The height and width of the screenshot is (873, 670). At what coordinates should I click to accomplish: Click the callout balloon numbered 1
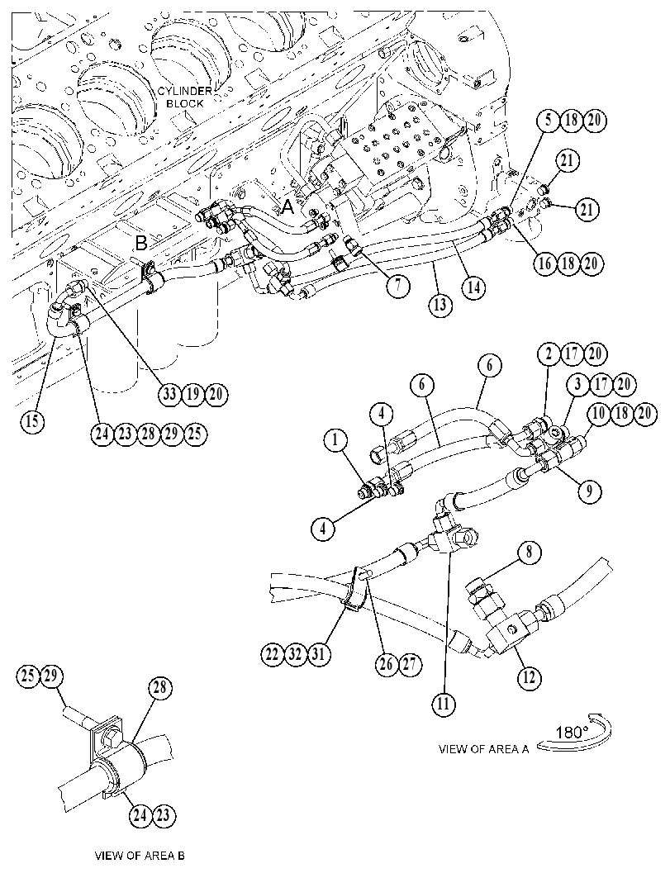tap(335, 441)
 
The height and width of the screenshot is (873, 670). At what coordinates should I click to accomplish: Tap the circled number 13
tap(440, 305)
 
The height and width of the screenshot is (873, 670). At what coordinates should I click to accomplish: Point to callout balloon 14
tap(473, 287)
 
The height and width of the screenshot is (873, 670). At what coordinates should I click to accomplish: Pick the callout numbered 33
tap(170, 394)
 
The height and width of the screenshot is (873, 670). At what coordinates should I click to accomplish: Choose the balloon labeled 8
tap(529, 553)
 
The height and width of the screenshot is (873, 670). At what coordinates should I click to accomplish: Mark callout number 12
tap(529, 677)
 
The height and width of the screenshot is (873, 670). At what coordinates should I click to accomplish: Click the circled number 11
tap(444, 704)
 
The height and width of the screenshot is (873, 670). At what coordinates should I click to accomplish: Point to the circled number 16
tap(546, 263)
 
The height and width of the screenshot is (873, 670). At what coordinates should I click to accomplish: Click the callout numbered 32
tap(295, 653)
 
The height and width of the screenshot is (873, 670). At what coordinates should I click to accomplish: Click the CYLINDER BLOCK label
tap(184, 97)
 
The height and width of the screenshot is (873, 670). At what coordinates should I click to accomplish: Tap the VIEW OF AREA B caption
tap(140, 855)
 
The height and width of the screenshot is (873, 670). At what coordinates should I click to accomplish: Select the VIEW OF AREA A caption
tap(483, 749)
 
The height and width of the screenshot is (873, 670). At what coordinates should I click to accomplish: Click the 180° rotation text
tap(568, 731)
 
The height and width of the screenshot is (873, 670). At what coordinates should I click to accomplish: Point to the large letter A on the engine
tap(287, 207)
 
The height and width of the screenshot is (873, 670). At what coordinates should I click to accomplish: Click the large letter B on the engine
tap(141, 243)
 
